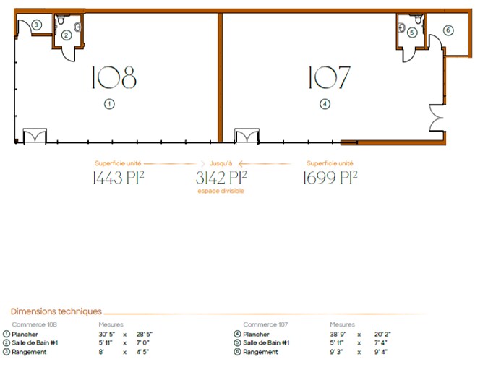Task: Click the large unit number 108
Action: (114, 77)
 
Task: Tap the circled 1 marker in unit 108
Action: (109, 104)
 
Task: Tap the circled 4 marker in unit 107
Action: (325, 104)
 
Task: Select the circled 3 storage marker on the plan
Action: (36, 25)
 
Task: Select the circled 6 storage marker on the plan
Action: (448, 30)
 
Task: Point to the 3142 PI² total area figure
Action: (221, 178)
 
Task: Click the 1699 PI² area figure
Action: (330, 178)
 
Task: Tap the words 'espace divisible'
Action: (221, 191)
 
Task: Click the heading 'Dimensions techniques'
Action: (56, 311)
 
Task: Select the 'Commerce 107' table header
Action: (266, 324)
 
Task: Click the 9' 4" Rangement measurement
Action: (381, 352)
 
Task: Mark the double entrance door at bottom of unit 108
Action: (35, 136)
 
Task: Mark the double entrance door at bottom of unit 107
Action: (246, 136)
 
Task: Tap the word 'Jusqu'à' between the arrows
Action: (221, 164)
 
